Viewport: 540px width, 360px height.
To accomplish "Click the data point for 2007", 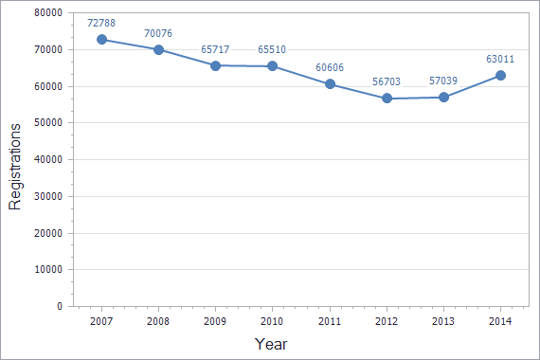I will (x=101, y=40).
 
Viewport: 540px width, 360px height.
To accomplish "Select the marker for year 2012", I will (x=387, y=99).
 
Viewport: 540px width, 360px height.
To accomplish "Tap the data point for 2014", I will (x=500, y=76).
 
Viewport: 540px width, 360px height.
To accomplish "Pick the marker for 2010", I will (x=273, y=66).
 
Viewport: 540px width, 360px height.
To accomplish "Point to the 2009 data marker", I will (x=215, y=65).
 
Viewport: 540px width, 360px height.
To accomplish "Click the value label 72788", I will (x=101, y=22).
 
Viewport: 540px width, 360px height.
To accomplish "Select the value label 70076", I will (x=158, y=33).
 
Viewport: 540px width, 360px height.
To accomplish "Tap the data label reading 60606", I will (x=330, y=67).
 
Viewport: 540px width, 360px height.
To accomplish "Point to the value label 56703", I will (x=387, y=81).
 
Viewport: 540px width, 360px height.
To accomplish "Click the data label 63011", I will (x=500, y=59).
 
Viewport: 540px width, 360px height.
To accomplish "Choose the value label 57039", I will (x=443, y=81).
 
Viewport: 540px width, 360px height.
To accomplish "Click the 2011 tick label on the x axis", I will (x=330, y=322).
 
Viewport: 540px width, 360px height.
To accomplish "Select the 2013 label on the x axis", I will (x=443, y=322).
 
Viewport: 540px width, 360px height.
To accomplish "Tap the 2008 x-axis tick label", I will (x=158, y=322).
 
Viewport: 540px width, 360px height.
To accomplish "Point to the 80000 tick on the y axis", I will (x=47, y=13).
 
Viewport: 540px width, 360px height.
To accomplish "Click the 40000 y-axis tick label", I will (x=47, y=159).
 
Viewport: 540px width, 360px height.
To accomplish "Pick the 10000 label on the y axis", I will (x=47, y=270).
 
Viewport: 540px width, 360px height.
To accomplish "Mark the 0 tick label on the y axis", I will (x=59, y=307).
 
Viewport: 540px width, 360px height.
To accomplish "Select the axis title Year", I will (x=271, y=344).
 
